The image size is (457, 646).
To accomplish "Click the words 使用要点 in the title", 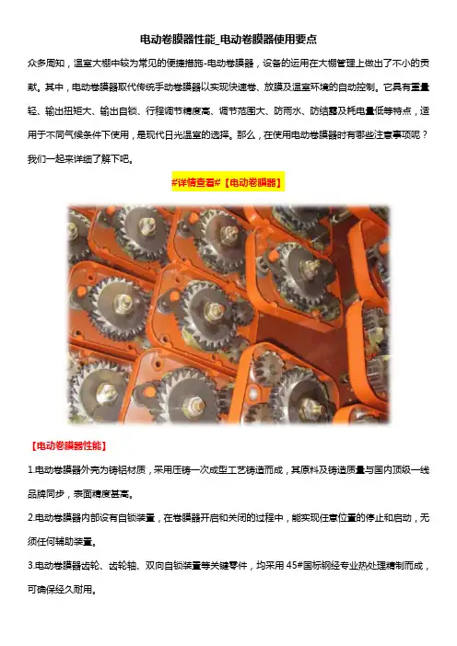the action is click(x=296, y=40).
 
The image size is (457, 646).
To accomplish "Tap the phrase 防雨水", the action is click(x=287, y=111).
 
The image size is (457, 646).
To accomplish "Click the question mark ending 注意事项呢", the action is click(x=425, y=135).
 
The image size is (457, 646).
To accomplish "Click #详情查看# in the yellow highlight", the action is click(x=196, y=182).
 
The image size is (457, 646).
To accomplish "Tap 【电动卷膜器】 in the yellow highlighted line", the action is click(x=252, y=182).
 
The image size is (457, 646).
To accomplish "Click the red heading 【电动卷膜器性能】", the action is click(x=68, y=445).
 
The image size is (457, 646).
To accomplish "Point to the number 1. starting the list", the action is click(x=30, y=470).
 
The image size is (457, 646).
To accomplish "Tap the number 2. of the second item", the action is click(x=31, y=518).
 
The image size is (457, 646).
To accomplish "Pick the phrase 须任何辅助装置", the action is click(x=59, y=542).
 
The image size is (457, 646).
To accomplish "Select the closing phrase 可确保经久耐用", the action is click(x=59, y=590).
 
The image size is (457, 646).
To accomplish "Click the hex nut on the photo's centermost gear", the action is click(x=213, y=309).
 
